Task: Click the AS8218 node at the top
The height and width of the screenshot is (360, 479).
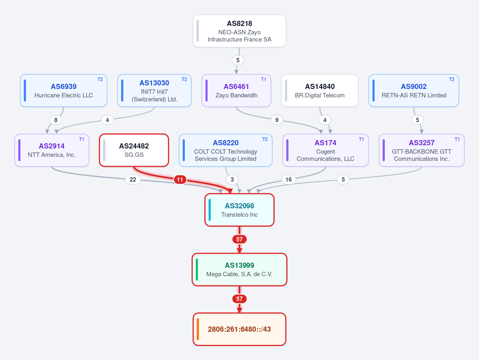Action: (239, 31)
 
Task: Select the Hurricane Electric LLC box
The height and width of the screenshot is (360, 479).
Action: (63, 91)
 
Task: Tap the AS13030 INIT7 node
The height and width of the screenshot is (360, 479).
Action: (154, 91)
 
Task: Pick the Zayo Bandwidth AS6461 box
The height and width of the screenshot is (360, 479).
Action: (236, 91)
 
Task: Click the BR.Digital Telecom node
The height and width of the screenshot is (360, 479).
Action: (320, 91)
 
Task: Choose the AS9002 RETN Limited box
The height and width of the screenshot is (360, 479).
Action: (414, 91)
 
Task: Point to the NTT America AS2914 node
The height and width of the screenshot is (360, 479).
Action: (52, 150)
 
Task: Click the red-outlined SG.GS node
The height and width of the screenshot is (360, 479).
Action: (134, 150)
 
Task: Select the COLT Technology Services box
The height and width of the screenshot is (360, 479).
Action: (226, 150)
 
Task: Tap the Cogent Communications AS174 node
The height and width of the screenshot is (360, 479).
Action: (325, 150)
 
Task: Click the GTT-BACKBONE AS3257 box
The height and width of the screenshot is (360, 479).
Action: (422, 150)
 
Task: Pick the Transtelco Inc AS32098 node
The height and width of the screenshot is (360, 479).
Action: (239, 210)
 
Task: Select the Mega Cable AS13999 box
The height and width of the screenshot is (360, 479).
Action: (239, 269)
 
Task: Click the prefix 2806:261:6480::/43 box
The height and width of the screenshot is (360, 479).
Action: (239, 329)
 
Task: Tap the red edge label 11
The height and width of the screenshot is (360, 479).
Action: (180, 180)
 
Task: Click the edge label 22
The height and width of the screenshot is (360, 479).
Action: (133, 180)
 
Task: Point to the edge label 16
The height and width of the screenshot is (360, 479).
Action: (289, 180)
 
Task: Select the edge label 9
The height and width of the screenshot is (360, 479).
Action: (277, 120)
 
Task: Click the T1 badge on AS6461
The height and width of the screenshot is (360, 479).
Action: (263, 79)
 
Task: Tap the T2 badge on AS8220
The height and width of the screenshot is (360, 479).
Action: (265, 139)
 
